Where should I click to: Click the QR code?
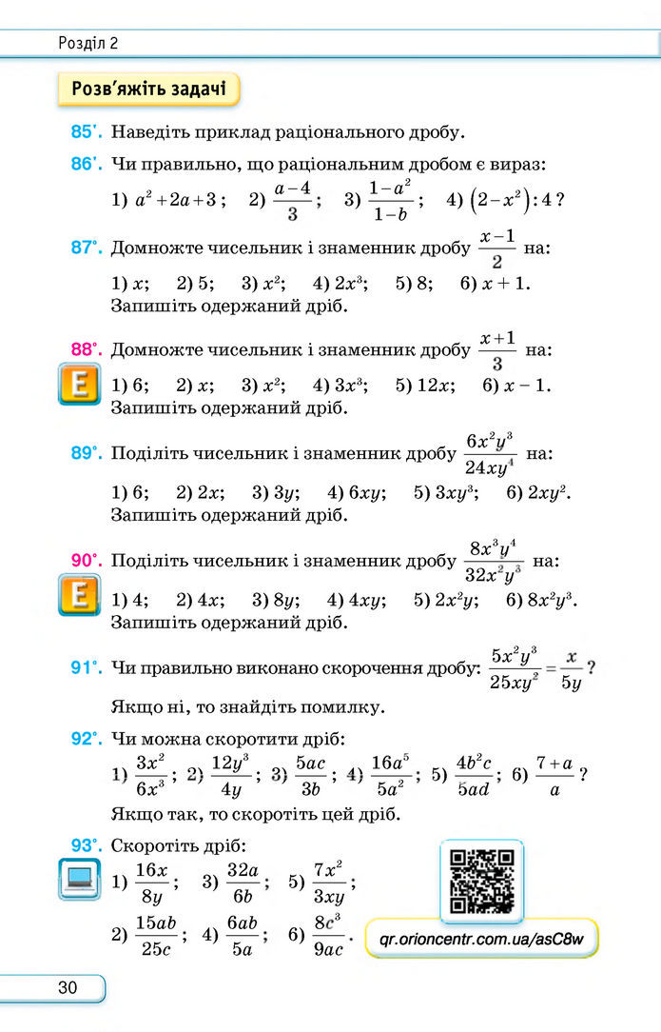point(482,880)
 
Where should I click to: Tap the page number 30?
point(68,987)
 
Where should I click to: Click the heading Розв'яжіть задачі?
point(148,89)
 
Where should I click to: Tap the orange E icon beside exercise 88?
point(79,387)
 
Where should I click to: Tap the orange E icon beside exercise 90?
point(79,595)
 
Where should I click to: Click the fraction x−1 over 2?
point(497,248)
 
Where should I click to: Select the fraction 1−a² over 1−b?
point(391,201)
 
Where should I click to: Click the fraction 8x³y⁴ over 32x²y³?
point(496,562)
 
